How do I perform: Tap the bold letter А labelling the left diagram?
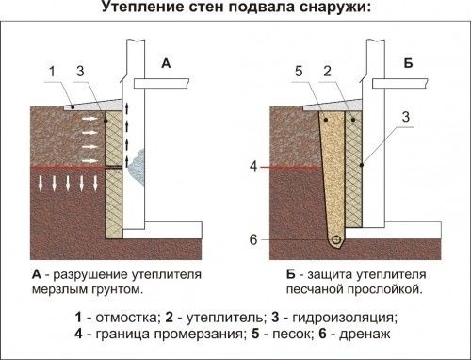166,64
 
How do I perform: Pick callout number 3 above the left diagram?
83,70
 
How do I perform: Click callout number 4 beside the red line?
253,167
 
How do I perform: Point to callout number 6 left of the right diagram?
253,237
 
